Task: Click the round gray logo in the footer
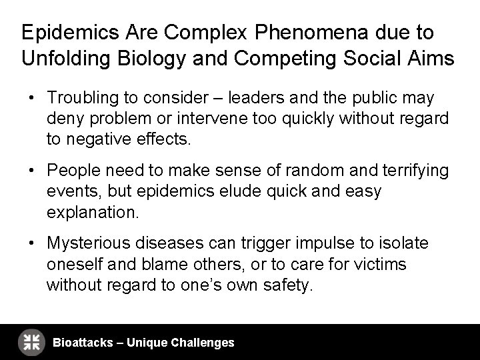31,342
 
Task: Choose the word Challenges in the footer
203,343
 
